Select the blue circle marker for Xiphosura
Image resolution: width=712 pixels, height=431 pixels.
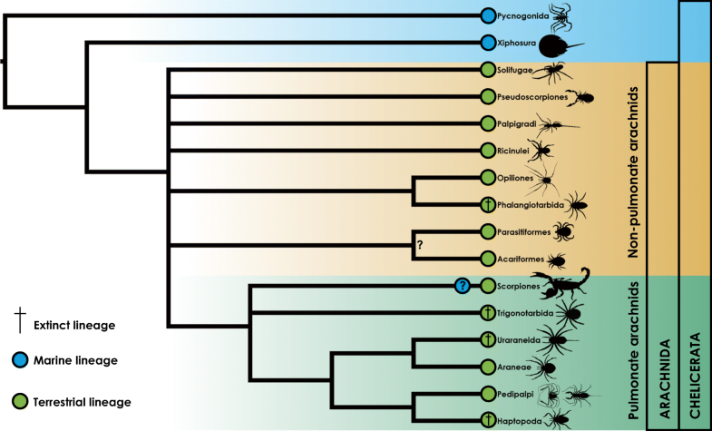coord(487,42)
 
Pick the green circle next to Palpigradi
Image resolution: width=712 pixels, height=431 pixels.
coord(487,123)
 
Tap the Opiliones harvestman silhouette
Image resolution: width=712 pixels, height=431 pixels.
coord(550,178)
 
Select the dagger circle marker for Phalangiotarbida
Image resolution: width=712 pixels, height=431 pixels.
coord(487,205)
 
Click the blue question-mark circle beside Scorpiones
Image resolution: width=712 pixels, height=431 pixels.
coord(463,286)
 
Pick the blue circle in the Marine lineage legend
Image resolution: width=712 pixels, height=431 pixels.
coord(20,360)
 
